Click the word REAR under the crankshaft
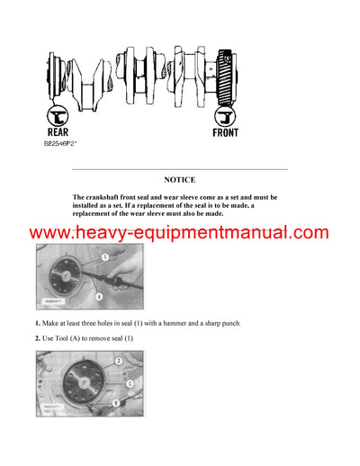[58, 130]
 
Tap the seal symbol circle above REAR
[58, 114]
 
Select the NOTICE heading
[179, 179]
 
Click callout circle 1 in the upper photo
[104, 257]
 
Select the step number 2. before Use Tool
[38, 337]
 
